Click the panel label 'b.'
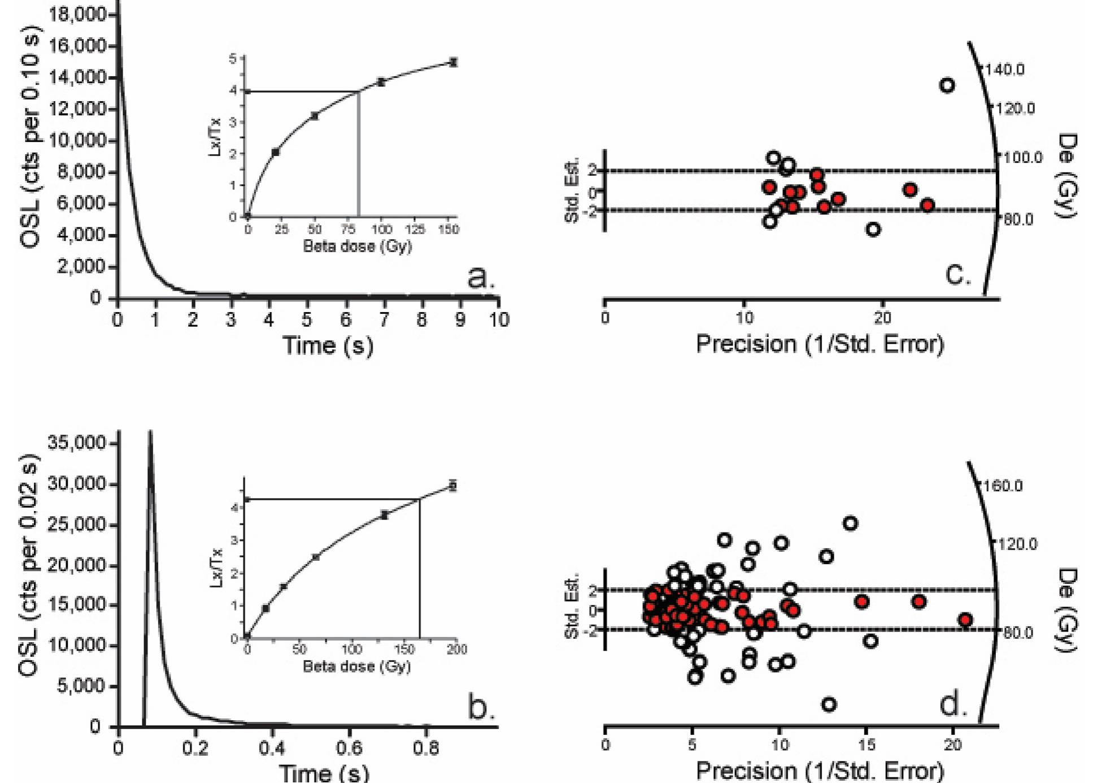click(x=481, y=707)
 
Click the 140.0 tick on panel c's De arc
click(x=1004, y=70)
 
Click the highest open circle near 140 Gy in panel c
click(x=947, y=85)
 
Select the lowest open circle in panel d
click(x=829, y=704)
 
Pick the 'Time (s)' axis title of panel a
click(x=328, y=345)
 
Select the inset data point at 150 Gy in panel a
click(x=453, y=62)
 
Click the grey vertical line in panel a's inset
click(x=358, y=158)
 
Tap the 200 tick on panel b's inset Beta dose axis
click(x=456, y=649)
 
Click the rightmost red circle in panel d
click(x=965, y=620)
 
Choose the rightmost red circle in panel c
click(x=927, y=205)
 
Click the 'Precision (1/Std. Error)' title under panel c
click(x=820, y=344)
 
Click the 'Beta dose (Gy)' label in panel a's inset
click(x=357, y=246)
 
